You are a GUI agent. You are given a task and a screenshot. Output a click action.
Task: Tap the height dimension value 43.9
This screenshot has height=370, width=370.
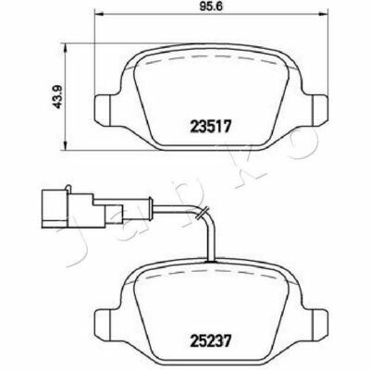(x=57, y=97)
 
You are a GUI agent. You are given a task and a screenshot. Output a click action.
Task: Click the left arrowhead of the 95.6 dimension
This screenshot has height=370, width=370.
(x=98, y=14)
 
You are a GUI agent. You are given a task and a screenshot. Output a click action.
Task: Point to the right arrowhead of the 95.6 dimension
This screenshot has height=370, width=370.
(x=323, y=14)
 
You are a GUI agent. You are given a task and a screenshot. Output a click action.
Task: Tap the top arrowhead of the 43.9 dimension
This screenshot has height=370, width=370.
(x=65, y=48)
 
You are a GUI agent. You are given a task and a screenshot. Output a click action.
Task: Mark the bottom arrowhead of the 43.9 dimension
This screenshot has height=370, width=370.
(x=65, y=146)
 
